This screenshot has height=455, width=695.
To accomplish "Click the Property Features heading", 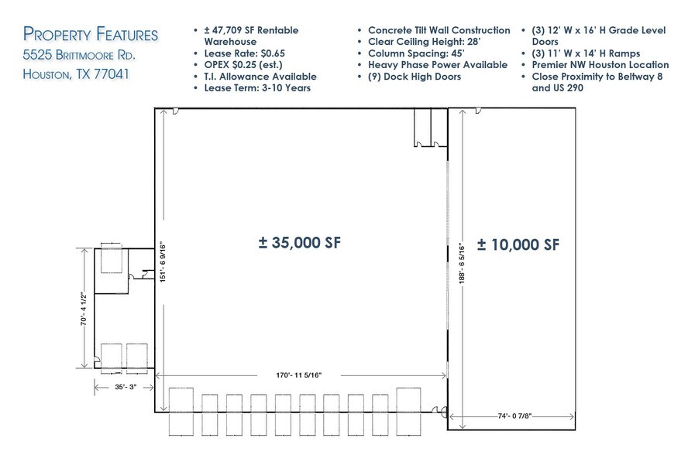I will click(x=91, y=34).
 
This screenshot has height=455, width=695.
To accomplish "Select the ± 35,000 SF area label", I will click(x=299, y=242).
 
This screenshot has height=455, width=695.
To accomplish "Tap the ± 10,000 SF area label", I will click(x=518, y=245).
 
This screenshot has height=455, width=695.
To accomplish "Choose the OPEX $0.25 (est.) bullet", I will click(x=243, y=65).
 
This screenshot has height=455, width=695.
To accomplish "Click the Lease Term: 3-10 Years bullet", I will click(x=256, y=88).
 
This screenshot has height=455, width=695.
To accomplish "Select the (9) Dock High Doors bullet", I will click(x=415, y=77).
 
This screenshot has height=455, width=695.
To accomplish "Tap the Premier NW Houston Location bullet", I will click(x=600, y=65).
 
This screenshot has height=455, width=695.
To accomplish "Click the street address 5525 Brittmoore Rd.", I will click(x=81, y=55).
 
